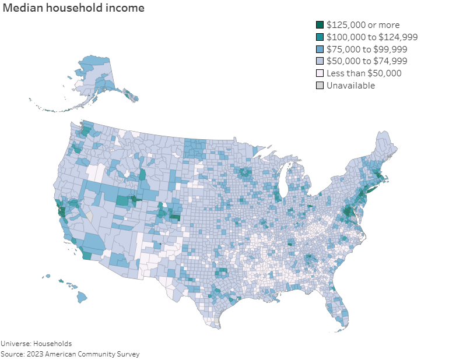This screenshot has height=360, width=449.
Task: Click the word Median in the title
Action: (x=22, y=9)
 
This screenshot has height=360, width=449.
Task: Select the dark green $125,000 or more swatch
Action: (x=320, y=24)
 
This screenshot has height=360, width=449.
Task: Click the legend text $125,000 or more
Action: (x=362, y=24)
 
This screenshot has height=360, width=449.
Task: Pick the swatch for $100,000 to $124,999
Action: (x=320, y=37)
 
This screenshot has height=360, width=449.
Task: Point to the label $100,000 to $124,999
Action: (x=372, y=37)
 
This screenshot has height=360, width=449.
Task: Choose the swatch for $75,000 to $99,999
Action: (x=320, y=49)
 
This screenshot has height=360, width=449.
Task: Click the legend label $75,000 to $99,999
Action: (x=367, y=49)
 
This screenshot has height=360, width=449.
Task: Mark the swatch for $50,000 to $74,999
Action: (x=320, y=61)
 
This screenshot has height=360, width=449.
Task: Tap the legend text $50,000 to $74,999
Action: (x=367, y=61)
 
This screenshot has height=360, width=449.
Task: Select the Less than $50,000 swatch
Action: (x=320, y=73)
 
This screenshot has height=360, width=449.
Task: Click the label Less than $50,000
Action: (x=364, y=73)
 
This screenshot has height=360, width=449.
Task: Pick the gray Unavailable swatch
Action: (x=320, y=86)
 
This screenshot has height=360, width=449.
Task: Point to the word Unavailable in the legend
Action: (x=350, y=86)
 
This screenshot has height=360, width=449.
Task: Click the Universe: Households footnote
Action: (x=36, y=344)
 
